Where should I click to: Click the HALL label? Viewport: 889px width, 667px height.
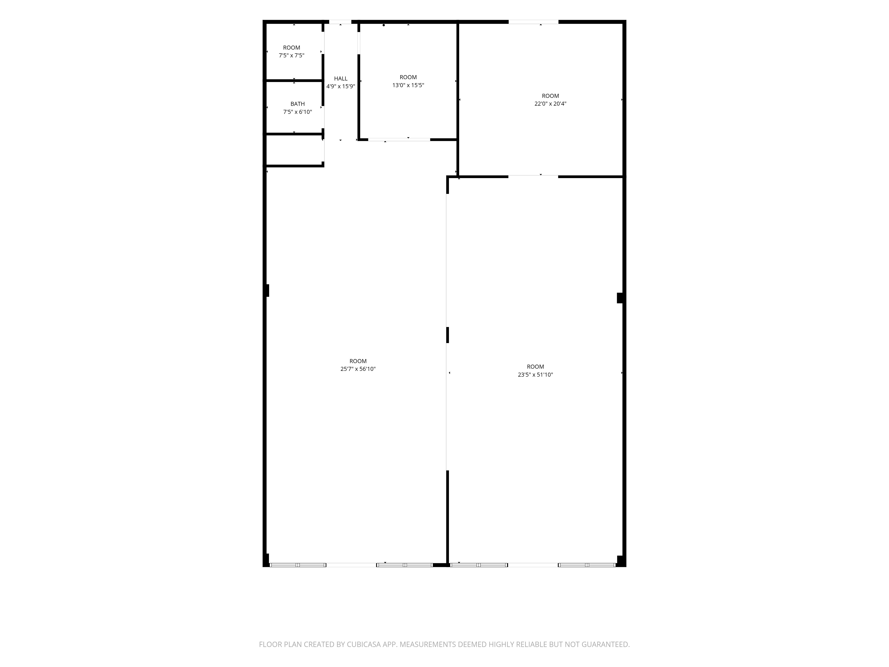point(340,78)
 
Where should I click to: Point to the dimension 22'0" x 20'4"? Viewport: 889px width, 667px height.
point(550,104)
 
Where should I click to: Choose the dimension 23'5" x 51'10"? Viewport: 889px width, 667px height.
point(535,375)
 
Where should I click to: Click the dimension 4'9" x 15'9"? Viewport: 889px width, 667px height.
point(340,86)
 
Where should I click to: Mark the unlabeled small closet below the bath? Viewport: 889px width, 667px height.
point(294,150)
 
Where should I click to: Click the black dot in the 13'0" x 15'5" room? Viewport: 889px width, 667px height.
point(384,25)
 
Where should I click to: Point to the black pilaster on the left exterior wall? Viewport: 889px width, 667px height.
point(267,290)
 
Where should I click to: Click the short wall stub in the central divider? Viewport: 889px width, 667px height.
point(447,335)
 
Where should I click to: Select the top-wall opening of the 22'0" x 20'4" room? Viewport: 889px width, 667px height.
point(533,22)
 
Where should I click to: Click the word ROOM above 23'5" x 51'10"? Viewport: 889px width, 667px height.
point(535,367)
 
